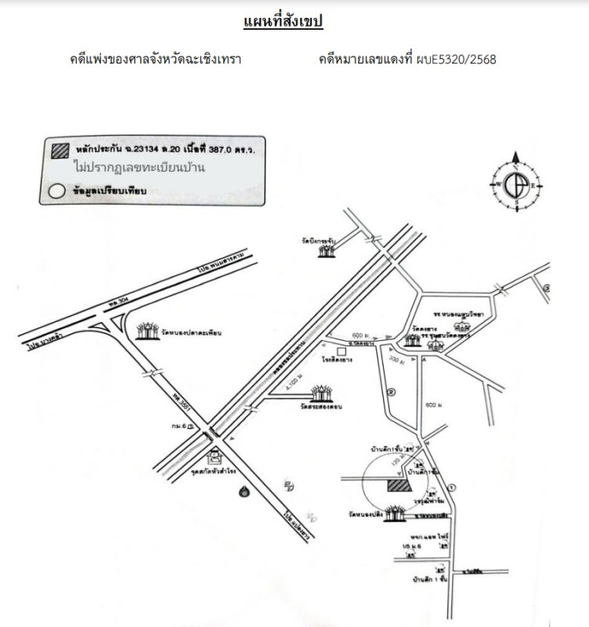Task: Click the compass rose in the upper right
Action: [516, 185]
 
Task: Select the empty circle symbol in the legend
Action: [57, 190]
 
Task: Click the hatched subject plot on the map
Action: [398, 486]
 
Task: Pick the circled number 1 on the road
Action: [452, 487]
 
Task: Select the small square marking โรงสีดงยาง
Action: [341, 350]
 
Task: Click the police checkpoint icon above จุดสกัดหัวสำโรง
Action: [213, 456]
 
